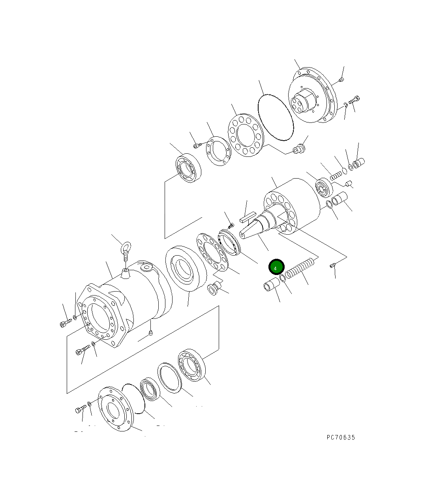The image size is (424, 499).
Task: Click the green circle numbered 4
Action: pyautogui.click(x=276, y=267)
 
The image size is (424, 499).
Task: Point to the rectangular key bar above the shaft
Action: pyautogui.click(x=248, y=217)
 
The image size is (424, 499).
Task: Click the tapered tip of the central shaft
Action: pyautogui.click(x=242, y=235)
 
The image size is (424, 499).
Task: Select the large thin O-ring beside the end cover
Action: pyautogui.click(x=276, y=117)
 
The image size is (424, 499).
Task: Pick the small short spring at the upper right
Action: pyautogui.click(x=336, y=176)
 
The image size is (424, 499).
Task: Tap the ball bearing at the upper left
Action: pyautogui.click(x=188, y=168)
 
